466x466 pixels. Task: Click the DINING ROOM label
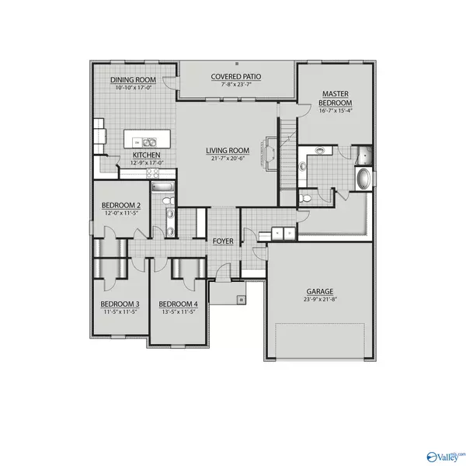point(133,80)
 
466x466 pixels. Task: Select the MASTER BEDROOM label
point(337,99)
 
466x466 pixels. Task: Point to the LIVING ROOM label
point(227,151)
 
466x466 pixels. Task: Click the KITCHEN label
point(146,155)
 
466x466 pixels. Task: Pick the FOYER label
point(223,242)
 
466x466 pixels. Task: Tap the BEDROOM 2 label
point(120,207)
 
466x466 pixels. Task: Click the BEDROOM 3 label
point(120,304)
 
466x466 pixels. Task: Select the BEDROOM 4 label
point(178,304)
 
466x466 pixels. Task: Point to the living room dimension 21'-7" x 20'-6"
point(227,158)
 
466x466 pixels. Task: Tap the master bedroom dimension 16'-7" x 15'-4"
point(337,111)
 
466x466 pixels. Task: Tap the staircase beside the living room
point(287,148)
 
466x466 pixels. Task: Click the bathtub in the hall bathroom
point(163,187)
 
